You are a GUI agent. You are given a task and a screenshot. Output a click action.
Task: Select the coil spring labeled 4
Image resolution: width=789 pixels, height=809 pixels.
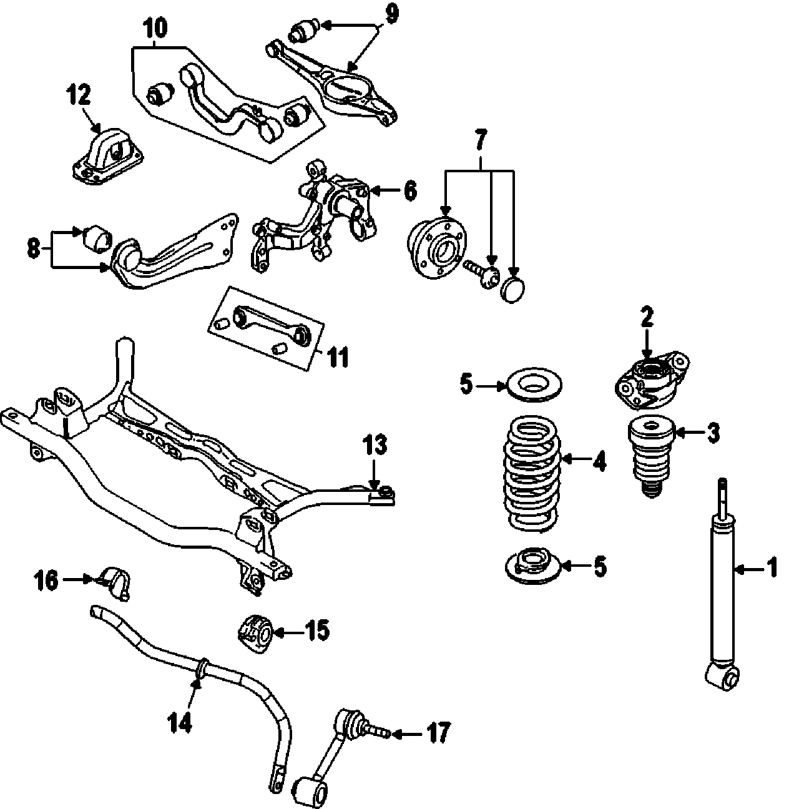click(x=531, y=474)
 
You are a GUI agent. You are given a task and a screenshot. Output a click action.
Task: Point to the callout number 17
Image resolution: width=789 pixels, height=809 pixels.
click(x=437, y=732)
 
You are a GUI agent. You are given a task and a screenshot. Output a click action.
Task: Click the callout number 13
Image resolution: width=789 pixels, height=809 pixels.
click(x=376, y=445)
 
